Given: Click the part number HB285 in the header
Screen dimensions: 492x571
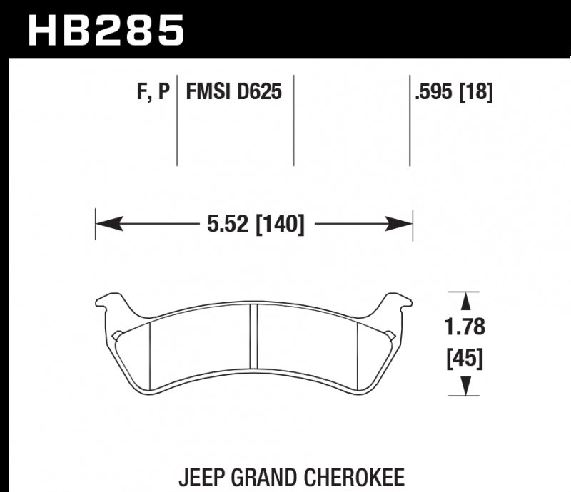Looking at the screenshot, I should [106, 30].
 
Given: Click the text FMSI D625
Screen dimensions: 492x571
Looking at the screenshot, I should [233, 92].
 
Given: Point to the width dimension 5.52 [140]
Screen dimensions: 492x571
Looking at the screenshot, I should [255, 225].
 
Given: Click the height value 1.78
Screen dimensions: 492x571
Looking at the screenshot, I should [465, 327].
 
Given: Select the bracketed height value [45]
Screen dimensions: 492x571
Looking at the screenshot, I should [465, 360].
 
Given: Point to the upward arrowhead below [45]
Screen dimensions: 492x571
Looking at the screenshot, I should [465, 386].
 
